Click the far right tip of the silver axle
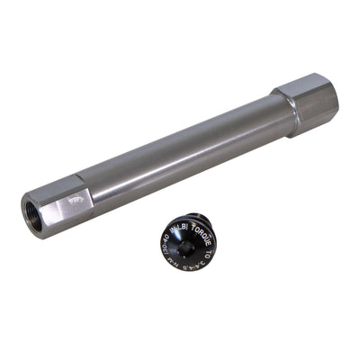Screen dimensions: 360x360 tap(337, 99)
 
